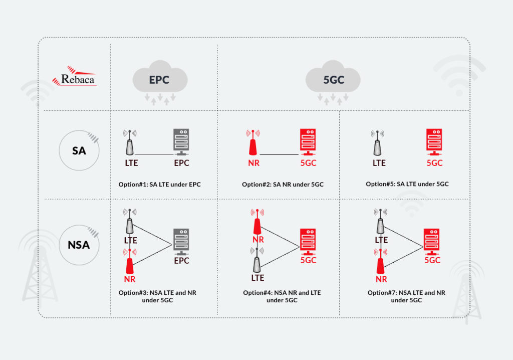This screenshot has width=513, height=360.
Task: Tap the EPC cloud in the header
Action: pos(160,80)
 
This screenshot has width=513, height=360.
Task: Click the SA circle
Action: pos(79,149)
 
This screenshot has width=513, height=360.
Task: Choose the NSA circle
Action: pos(79,245)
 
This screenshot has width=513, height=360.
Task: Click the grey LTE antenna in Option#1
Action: pos(130,144)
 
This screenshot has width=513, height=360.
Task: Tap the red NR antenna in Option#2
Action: pos(253,144)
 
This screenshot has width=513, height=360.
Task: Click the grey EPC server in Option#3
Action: pos(181,242)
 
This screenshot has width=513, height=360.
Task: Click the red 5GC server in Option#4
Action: pos(308,242)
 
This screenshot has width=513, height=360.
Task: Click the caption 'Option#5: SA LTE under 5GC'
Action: pos(407,184)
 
